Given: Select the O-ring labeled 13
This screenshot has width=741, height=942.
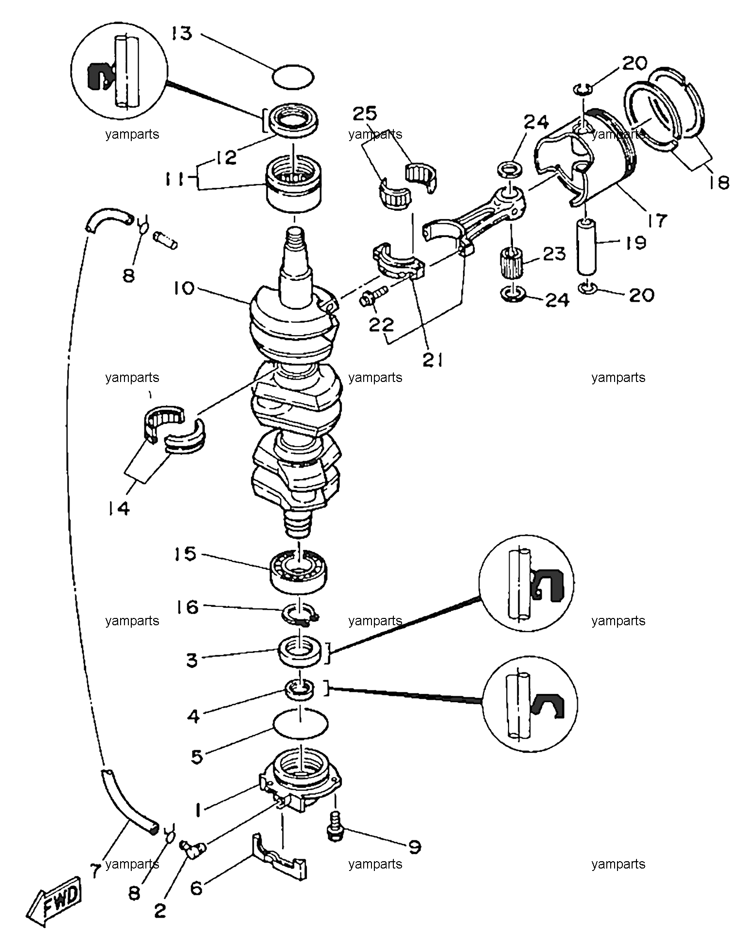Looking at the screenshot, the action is tap(293, 76).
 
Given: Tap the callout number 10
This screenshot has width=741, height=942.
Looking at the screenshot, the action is tap(182, 289).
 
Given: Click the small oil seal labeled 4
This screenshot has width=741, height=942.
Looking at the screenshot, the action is tap(300, 689).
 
